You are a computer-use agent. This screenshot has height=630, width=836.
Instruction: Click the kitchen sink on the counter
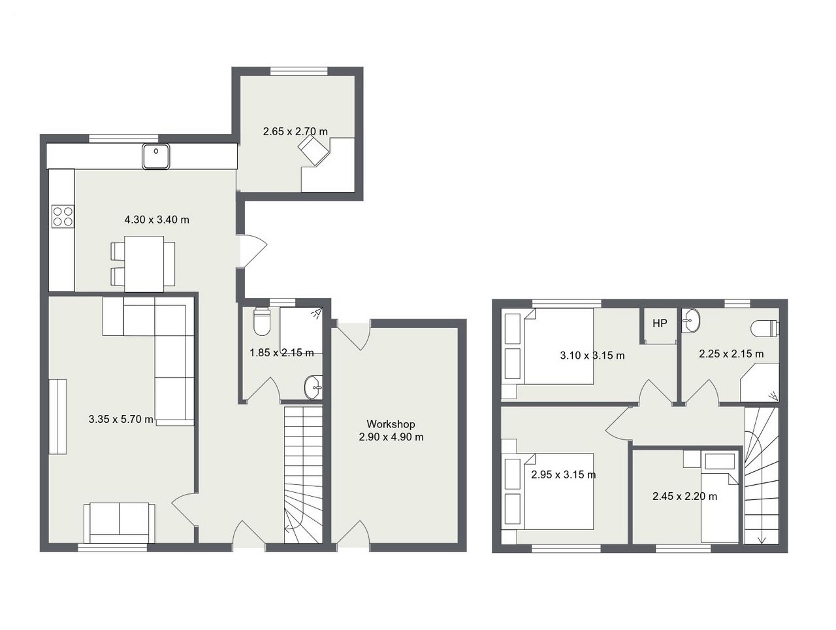tap(156, 156)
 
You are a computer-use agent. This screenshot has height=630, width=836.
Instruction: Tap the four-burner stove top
tap(63, 216)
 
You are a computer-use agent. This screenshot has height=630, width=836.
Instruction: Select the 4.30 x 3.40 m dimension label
tap(157, 220)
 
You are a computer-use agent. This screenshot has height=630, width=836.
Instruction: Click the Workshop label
tap(391, 423)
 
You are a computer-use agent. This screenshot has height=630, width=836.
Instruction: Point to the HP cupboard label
tap(660, 323)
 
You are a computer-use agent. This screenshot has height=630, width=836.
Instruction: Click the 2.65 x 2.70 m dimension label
tap(295, 131)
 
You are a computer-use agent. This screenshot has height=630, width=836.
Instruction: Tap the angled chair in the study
tap(313, 151)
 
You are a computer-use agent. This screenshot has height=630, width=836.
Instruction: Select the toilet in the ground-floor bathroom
tap(262, 322)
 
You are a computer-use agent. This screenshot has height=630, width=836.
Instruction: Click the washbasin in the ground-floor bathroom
tap(313, 388)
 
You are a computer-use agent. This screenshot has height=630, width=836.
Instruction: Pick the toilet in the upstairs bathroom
tap(765, 329)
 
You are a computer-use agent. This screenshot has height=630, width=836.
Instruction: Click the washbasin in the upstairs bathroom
tap(690, 320)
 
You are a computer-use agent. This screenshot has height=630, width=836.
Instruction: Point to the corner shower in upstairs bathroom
tap(759, 383)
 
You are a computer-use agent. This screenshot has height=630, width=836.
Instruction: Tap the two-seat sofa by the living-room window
tap(120, 523)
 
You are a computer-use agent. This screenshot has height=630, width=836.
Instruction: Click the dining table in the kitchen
tap(144, 264)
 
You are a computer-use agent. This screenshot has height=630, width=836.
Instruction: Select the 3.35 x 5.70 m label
tap(121, 420)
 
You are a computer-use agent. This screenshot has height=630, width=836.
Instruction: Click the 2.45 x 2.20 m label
tap(684, 496)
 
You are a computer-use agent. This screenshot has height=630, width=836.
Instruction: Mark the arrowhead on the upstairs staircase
tap(762, 540)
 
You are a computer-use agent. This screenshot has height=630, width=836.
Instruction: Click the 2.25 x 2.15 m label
tap(731, 354)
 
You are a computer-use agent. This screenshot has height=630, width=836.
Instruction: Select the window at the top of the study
tap(299, 71)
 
